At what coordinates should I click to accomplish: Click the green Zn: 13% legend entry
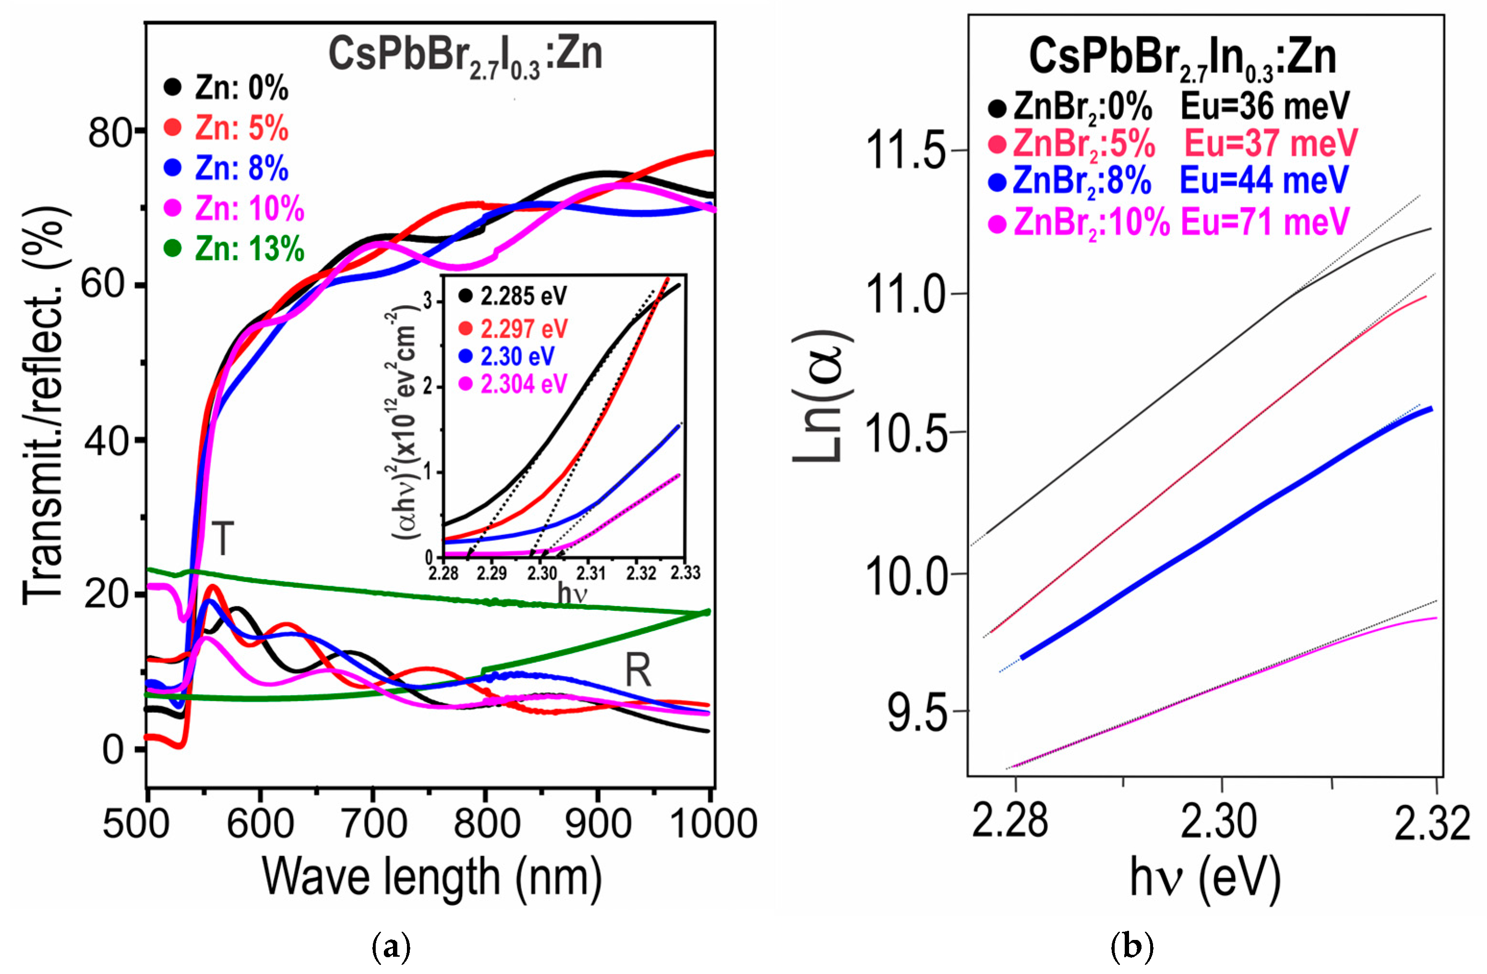pos(234,249)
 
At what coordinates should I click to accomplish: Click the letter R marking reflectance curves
pos(638,672)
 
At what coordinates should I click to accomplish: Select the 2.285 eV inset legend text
pos(523,296)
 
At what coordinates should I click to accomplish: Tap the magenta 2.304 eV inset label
pos(523,383)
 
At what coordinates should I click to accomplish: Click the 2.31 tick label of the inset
pos(590,572)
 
